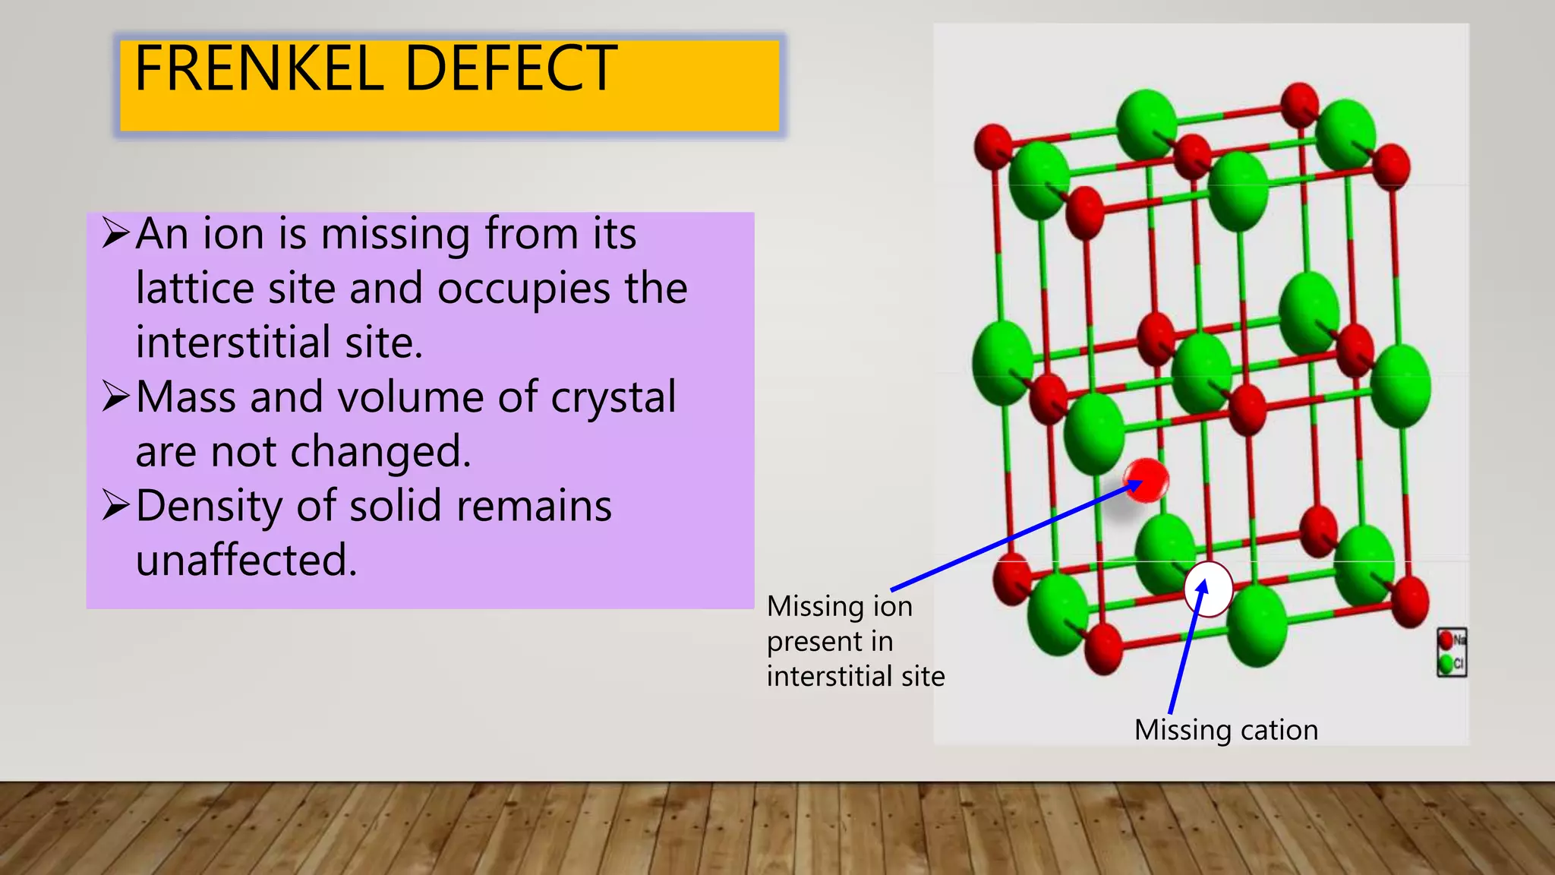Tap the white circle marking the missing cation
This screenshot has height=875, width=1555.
click(1208, 589)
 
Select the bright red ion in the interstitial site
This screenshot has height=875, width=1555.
click(1147, 480)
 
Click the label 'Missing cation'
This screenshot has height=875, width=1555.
click(1225, 730)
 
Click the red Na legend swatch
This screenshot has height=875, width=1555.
click(1446, 640)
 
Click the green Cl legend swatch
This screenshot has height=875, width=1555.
click(1446, 664)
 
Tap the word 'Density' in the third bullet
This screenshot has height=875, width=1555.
click(209, 507)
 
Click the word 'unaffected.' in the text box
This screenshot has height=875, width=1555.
click(246, 561)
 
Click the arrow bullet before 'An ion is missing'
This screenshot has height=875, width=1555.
click(116, 233)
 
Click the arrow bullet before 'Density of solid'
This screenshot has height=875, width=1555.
click(116, 505)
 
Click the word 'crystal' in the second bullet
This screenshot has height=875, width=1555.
click(613, 397)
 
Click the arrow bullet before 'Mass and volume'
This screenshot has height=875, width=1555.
click(116, 396)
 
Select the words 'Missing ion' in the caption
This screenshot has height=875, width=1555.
click(839, 606)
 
